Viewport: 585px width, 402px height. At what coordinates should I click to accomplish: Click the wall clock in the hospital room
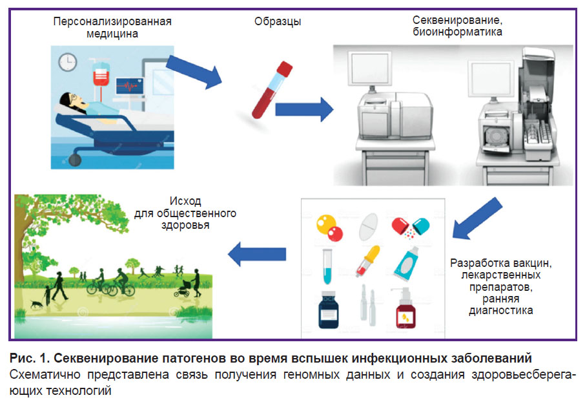67,62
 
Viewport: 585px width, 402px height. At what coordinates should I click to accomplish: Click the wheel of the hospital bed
77,156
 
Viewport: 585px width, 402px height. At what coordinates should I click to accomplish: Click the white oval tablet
367,224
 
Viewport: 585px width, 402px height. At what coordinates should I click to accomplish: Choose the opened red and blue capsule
411,226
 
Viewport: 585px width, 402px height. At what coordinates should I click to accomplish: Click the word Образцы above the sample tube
278,22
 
